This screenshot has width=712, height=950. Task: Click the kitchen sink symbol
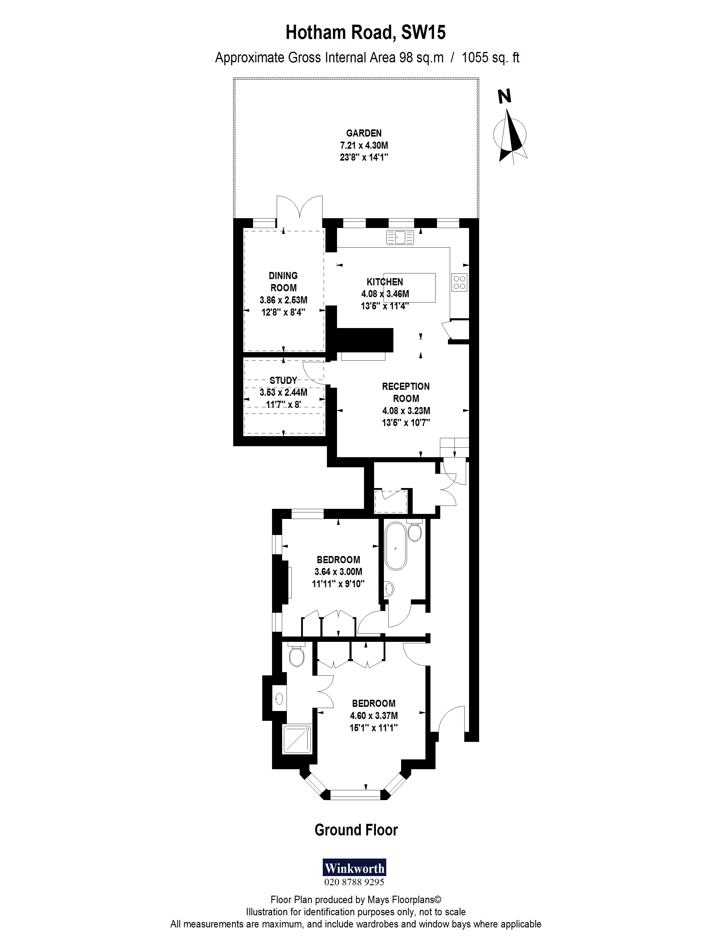coord(400,237)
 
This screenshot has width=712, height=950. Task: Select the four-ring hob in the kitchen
coord(459,282)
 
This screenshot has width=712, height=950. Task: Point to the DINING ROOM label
coord(283,282)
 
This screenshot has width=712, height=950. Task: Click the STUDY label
coord(283,380)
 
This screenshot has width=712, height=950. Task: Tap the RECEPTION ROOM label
coord(406,392)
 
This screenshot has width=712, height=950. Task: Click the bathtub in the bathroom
coord(395,546)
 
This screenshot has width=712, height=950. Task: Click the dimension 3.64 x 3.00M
coord(338,571)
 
